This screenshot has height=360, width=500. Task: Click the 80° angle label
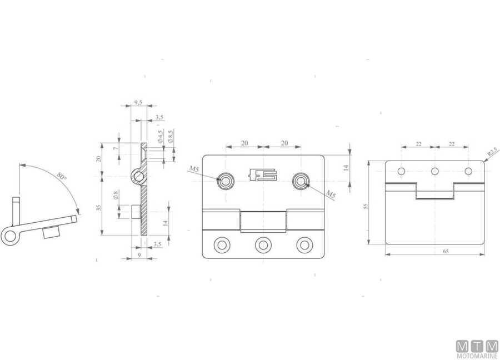coord(62,178)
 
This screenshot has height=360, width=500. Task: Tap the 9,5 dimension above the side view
coord(138,103)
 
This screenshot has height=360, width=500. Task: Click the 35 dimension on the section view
coord(99,208)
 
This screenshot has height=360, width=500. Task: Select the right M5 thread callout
coord(331,194)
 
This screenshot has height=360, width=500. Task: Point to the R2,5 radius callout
coord(492,151)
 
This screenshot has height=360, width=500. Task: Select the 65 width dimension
coord(446,252)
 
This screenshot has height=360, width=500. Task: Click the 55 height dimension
coord(366,206)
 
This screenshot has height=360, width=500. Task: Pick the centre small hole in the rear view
coord(435,171)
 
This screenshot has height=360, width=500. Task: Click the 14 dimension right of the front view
coord(346,167)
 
